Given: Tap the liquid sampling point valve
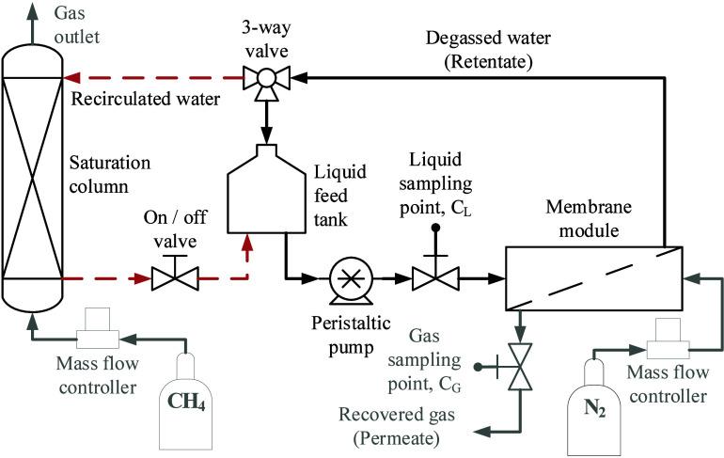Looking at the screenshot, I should (434, 278).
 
